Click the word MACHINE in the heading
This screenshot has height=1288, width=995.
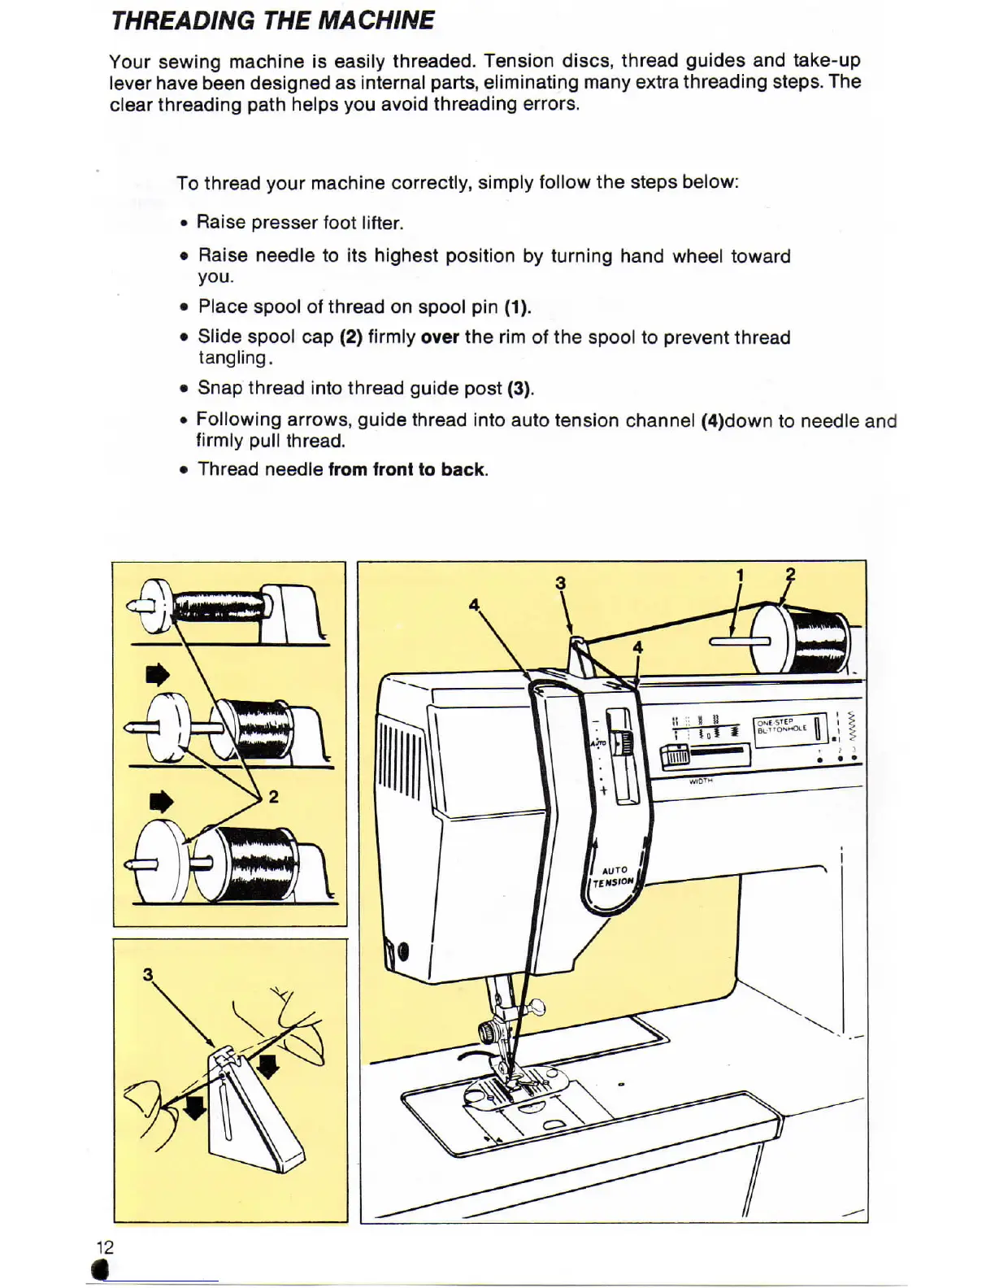click(x=376, y=20)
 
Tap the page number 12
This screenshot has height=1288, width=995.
click(x=105, y=1247)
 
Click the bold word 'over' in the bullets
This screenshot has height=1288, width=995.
click(x=440, y=337)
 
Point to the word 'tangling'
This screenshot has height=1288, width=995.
click(x=232, y=358)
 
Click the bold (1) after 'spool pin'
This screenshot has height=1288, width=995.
click(x=517, y=307)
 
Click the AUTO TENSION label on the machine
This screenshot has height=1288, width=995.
click(x=614, y=877)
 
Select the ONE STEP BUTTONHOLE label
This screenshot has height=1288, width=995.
click(x=781, y=726)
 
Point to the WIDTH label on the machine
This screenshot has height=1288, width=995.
click(x=701, y=781)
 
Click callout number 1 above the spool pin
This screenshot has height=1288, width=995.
click(x=740, y=576)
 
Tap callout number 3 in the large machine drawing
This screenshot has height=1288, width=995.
click(x=560, y=583)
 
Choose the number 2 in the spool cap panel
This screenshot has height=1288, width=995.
click(x=274, y=797)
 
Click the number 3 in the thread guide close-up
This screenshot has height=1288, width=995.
click(x=148, y=974)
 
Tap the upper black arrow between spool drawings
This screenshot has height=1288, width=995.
click(x=158, y=675)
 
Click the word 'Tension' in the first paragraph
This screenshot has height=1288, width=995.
click(x=516, y=61)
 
